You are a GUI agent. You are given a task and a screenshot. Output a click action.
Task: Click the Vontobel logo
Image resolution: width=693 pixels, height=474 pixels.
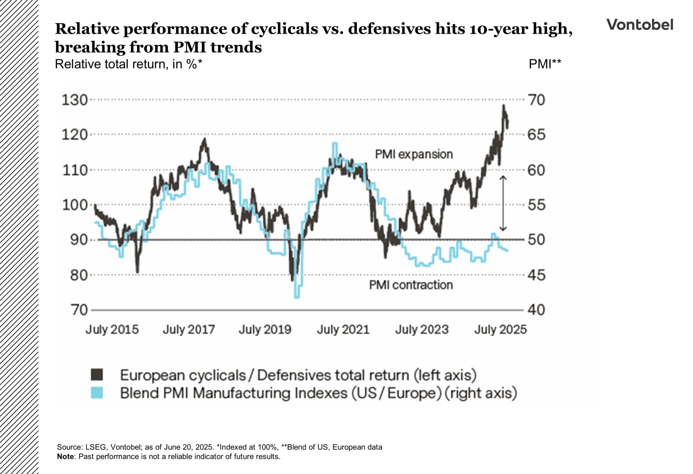[x=640, y=25]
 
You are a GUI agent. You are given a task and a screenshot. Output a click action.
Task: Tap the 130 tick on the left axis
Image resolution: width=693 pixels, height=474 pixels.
[x=75, y=100]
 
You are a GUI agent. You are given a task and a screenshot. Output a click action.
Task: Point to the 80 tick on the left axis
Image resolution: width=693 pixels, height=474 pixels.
[x=79, y=275]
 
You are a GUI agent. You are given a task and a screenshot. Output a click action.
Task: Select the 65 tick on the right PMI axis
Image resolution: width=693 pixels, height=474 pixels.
[x=536, y=135]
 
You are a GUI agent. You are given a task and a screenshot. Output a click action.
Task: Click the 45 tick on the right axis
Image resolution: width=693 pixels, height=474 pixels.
[x=536, y=275]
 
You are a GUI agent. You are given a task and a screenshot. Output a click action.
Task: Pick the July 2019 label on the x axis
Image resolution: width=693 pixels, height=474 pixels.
[x=265, y=330]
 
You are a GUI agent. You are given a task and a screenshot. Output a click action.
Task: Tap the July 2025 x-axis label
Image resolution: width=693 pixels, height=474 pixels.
[x=500, y=330]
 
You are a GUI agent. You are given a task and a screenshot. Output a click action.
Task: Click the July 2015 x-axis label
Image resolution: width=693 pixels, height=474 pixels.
[x=112, y=330]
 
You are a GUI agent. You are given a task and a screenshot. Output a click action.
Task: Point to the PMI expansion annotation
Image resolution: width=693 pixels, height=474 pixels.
[x=414, y=154]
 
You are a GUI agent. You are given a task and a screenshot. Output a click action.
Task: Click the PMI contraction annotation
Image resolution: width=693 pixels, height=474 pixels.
[x=411, y=285]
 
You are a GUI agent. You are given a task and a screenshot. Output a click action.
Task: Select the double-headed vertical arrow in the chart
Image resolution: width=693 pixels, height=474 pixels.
[x=503, y=203]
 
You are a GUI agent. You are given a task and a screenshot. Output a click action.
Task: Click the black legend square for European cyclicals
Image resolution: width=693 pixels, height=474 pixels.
[x=97, y=375]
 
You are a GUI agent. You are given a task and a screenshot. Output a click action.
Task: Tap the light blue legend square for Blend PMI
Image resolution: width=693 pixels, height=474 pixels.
[x=97, y=392]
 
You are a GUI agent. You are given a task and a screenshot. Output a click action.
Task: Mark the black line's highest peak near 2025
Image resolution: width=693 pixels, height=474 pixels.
[x=504, y=105]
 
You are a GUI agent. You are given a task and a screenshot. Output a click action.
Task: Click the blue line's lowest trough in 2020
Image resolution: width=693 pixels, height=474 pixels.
[x=297, y=297]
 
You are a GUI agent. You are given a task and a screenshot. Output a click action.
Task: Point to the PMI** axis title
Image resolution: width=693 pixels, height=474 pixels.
[x=545, y=64]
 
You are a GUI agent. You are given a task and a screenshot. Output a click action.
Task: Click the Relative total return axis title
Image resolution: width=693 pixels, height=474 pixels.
[x=128, y=64]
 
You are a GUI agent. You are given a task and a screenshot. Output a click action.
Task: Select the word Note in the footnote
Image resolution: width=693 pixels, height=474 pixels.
[x=65, y=456]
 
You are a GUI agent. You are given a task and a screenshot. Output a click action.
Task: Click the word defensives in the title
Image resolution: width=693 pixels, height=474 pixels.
[x=389, y=29]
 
